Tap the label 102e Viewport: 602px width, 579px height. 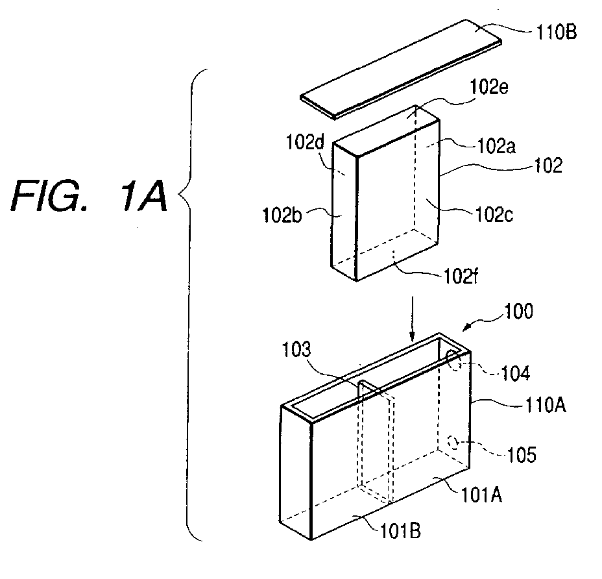(x=489, y=87)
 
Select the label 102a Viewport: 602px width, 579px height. (x=496, y=146)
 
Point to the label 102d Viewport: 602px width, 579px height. (x=306, y=143)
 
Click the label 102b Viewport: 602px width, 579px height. (x=282, y=215)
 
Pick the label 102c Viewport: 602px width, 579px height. (x=494, y=214)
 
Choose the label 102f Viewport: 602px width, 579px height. (x=461, y=276)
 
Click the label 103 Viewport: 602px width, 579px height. (x=296, y=350)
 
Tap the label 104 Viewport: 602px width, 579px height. (x=516, y=373)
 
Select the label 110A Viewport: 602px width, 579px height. (x=545, y=405)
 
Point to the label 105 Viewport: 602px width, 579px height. (x=522, y=455)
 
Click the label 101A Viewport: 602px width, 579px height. (x=481, y=495)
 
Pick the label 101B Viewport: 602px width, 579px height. (x=400, y=531)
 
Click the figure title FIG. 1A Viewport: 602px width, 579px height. (x=89, y=196)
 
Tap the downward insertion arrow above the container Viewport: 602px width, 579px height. (x=412, y=319)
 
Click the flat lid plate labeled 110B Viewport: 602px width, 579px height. (x=401, y=69)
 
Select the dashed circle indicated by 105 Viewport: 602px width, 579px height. (x=453, y=443)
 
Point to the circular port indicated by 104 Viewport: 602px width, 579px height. (x=453, y=360)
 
